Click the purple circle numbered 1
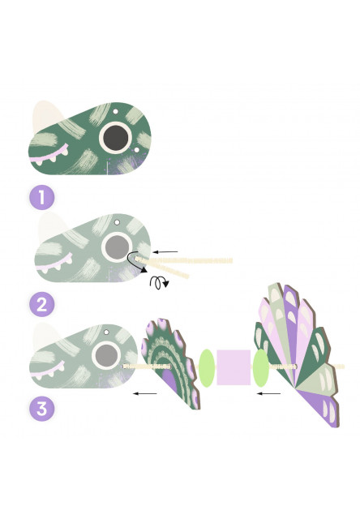coord(41,197)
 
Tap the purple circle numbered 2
coord(41,304)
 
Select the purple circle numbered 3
coord(41,409)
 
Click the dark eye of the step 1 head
coord(115,137)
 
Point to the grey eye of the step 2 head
coord(117,247)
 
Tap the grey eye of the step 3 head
coord(106,356)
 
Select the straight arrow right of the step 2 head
coord(165,252)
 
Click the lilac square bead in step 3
coord(234,367)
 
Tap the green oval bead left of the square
coord(207,368)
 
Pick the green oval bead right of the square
coord(261,368)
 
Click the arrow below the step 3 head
coord(144,393)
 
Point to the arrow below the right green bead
coord(268,393)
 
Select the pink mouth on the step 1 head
coord(49,155)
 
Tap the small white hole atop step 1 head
coord(115,112)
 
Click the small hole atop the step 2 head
coord(117,222)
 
